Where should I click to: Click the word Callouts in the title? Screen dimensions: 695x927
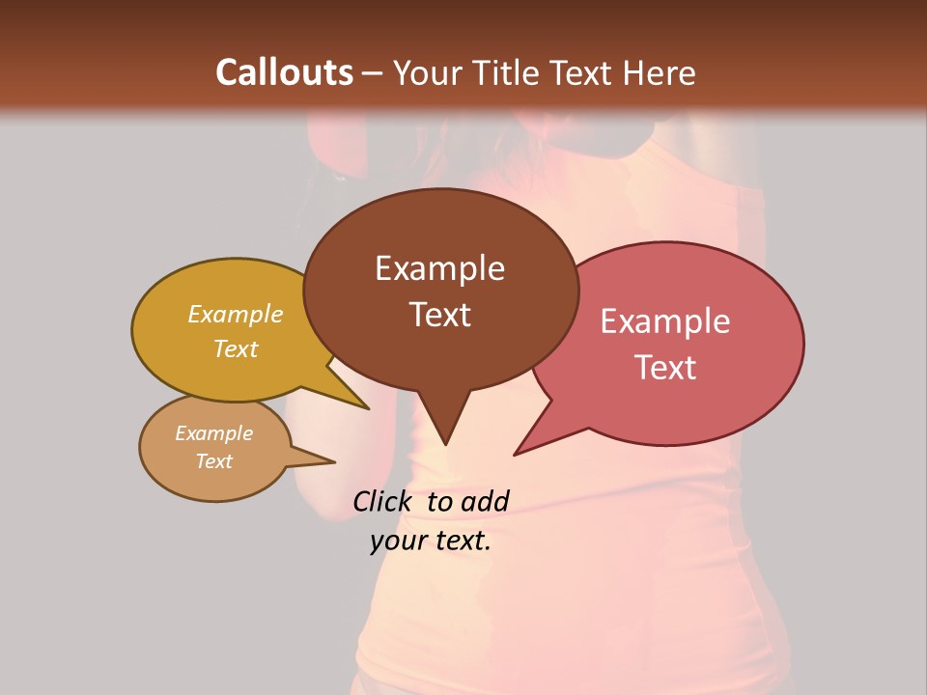[284, 72]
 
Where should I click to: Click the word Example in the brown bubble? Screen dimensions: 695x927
[439, 268]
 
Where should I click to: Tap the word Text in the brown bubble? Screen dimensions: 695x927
[439, 315]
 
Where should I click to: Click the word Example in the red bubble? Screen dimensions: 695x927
[665, 321]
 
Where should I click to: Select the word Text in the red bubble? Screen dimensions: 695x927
[665, 368]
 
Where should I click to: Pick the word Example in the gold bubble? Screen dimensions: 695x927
[236, 315]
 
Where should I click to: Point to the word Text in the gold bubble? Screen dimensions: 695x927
[236, 349]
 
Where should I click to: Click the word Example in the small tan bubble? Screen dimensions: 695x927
[213, 434]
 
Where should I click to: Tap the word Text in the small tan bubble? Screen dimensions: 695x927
[213, 461]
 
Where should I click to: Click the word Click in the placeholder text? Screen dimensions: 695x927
[381, 501]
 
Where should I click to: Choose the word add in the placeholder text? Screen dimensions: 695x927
[485, 501]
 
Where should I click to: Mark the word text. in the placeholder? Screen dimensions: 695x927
[462, 542]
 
